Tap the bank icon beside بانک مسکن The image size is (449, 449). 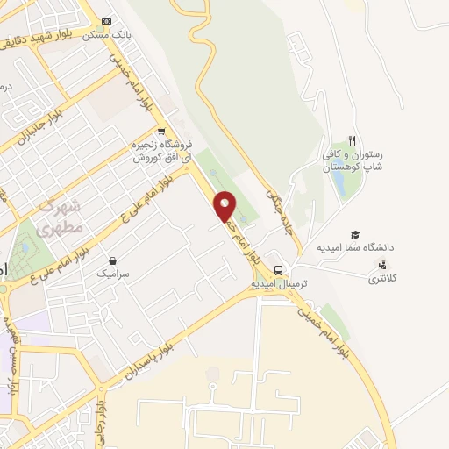pos(107,21)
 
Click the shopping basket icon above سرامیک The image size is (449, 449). pos(113,260)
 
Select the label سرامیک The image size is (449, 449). pos(113,274)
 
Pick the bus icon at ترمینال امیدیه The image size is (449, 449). pos(277,269)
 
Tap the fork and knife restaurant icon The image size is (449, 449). pos(352,139)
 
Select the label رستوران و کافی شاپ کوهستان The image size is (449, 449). pos(350,159)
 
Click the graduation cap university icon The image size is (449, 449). pos(355,234)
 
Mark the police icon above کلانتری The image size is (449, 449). pos(380,266)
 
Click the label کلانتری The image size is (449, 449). pos(380,279)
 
